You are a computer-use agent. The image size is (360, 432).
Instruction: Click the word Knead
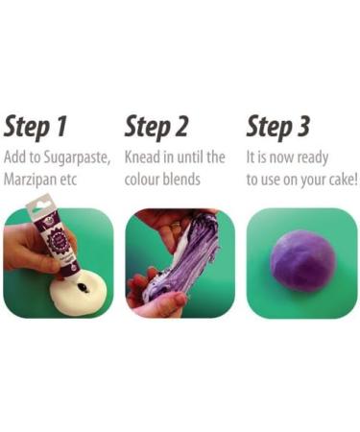146,156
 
